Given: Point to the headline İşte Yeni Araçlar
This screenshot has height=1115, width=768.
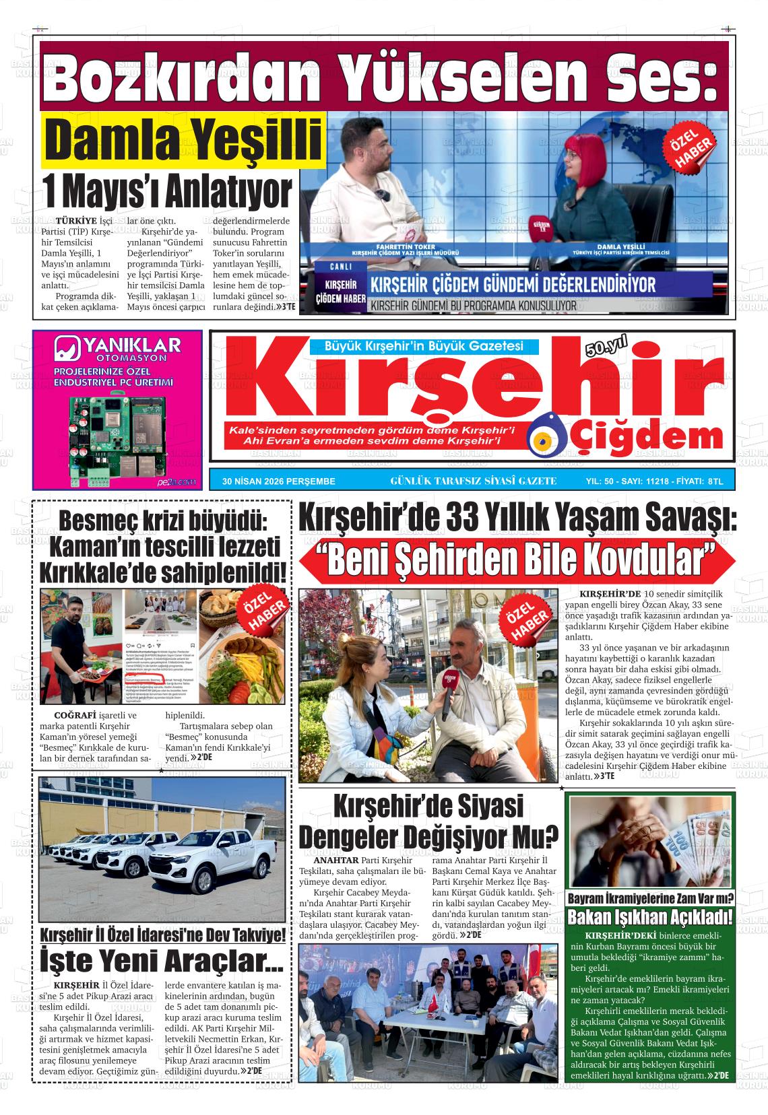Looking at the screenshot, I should (162, 961).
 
